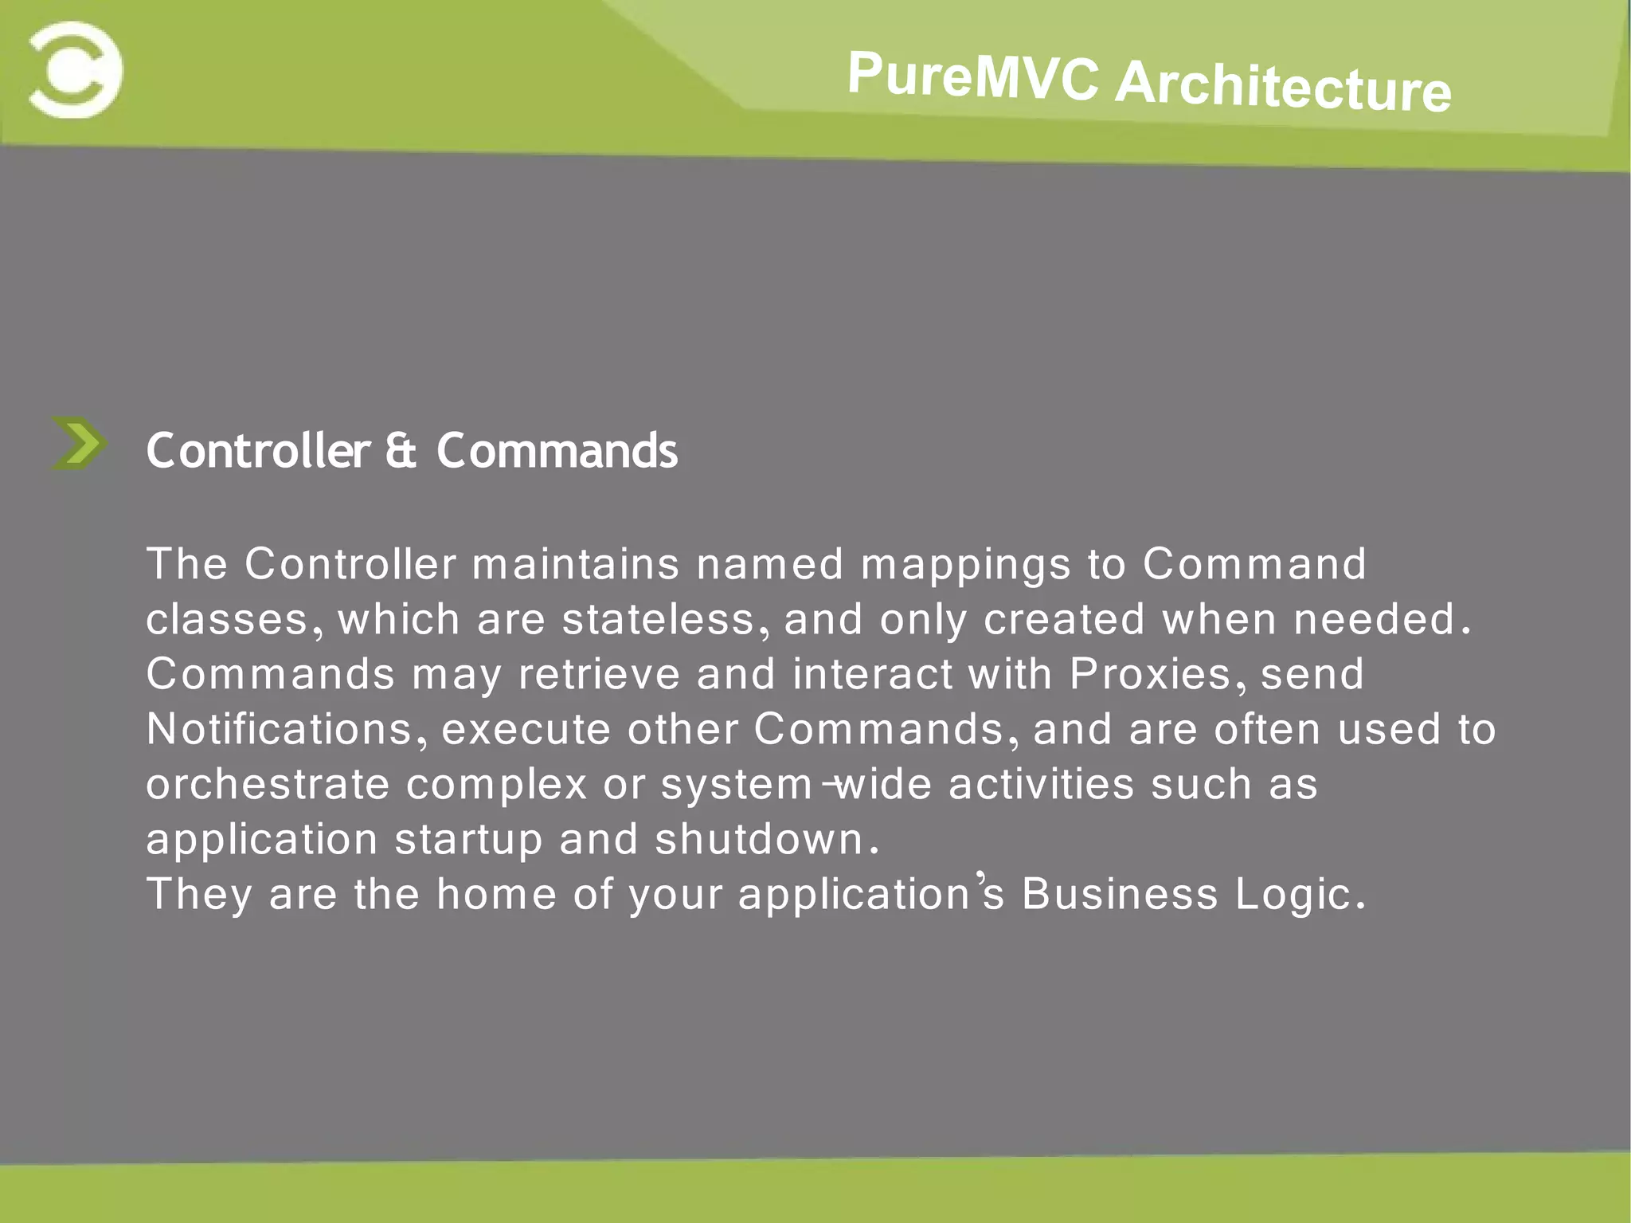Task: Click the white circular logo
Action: coord(76,70)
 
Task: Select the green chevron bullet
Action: coord(78,443)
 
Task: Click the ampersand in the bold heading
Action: coord(401,451)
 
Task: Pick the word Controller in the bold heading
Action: coord(258,451)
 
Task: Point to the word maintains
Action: coord(575,564)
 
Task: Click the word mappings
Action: coord(965,566)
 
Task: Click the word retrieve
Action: coord(599,674)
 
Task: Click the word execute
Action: coord(526,730)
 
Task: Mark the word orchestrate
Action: coord(268,785)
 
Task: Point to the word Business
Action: coord(1120,894)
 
